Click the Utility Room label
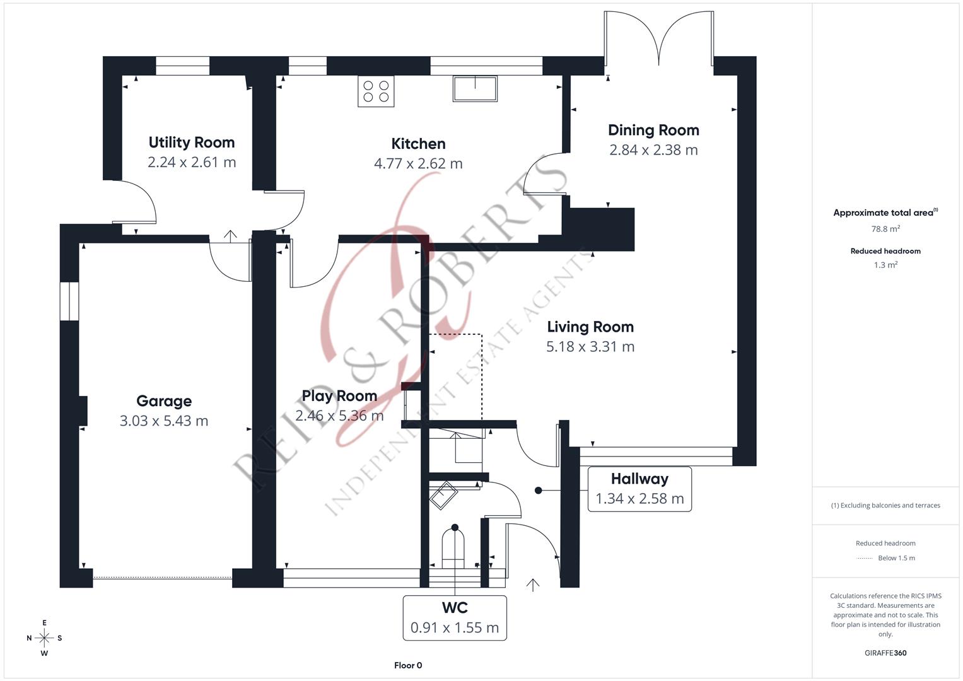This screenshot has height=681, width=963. (191, 143)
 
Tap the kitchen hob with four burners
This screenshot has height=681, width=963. (376, 91)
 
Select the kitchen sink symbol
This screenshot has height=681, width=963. (474, 88)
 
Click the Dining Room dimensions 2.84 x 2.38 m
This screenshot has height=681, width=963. (653, 150)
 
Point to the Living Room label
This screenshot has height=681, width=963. (590, 327)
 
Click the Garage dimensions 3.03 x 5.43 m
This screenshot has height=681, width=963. (164, 421)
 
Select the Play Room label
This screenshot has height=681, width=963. (339, 396)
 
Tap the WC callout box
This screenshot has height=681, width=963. (455, 617)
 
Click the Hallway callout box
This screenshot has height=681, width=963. (639, 489)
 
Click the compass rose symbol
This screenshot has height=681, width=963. (44, 638)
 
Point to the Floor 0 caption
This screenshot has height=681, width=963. (408, 665)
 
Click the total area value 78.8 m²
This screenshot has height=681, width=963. (885, 229)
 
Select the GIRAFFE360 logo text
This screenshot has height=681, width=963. (885, 653)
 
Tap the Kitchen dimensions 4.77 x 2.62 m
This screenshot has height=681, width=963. (418, 164)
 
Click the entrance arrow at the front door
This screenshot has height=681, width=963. (533, 585)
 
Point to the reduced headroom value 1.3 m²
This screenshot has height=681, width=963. (885, 265)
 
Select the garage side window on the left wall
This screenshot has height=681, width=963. (69, 301)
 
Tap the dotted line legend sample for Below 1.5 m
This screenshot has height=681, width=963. (864, 558)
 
